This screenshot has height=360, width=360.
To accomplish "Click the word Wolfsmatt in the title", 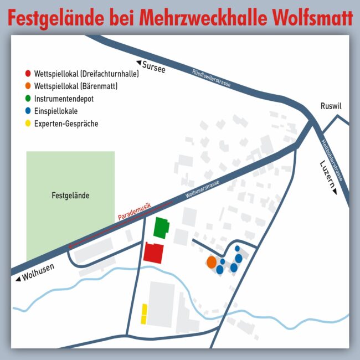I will click(x=313, y=18).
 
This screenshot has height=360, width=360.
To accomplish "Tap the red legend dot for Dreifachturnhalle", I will click(x=28, y=73).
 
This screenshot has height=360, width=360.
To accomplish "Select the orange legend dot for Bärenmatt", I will click(x=28, y=86).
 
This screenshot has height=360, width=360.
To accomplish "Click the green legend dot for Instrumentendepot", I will click(x=28, y=99).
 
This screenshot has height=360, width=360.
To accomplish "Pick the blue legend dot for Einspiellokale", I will click(x=28, y=111).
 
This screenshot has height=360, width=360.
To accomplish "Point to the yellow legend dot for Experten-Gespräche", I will click(x=28, y=124).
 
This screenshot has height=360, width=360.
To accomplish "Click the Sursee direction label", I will click(x=153, y=66).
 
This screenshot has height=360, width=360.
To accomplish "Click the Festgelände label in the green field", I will click(x=70, y=196).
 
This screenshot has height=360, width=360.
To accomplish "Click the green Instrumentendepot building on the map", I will click(x=161, y=228).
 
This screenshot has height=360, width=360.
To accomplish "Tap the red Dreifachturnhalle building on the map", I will click(x=153, y=253).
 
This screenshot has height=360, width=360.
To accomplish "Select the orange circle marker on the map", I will click(x=211, y=261).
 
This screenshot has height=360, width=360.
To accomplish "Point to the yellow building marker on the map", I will click(x=144, y=313).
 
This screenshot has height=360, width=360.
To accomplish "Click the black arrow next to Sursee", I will click(x=140, y=63).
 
